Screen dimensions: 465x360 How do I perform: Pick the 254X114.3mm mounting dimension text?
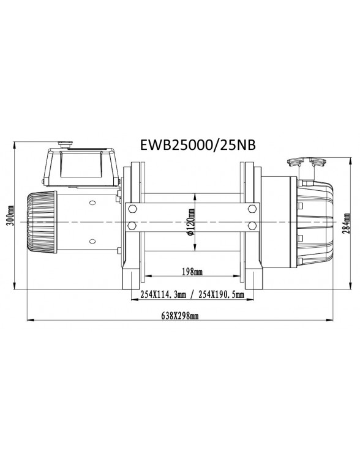162,294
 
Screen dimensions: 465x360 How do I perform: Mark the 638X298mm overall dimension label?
179,316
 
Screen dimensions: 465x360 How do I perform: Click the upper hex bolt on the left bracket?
132,210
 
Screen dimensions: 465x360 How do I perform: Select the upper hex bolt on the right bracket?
252,210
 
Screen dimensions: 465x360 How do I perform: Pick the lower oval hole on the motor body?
92,241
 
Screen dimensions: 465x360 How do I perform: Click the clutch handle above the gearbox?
304,164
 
